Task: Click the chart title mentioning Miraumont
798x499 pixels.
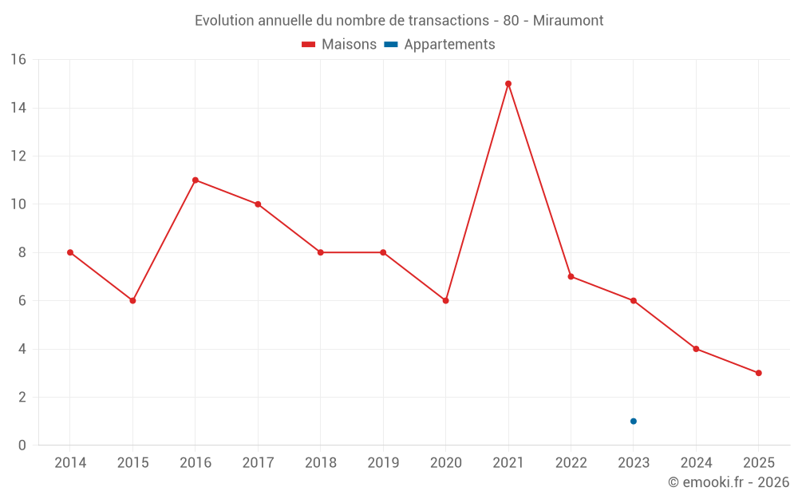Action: coord(399,20)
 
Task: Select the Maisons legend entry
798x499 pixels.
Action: coord(339,45)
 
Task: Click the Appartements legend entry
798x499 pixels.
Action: coord(440,45)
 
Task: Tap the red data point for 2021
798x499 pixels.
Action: coord(508,84)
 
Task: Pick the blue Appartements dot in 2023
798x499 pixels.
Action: coord(634,422)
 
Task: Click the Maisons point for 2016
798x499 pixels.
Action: coord(196,180)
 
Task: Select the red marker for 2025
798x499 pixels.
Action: coord(759,373)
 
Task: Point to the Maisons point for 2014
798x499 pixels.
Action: coord(70,252)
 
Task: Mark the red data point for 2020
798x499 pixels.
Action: coord(446,301)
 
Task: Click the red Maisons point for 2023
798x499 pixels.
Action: coord(634,301)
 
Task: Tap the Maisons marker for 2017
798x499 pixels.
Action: coord(258,204)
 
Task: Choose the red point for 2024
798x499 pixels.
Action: coord(696,349)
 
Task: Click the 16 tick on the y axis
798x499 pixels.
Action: coord(18,60)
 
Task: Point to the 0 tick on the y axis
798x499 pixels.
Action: coord(22,446)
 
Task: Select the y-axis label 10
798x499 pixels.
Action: coord(18,204)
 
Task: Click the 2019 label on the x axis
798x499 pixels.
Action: coord(383,463)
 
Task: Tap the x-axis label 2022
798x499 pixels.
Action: coord(571,463)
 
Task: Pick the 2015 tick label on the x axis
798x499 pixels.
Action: coord(132,463)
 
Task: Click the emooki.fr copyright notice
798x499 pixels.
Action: coord(728,482)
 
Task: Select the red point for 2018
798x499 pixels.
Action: coord(321,252)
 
